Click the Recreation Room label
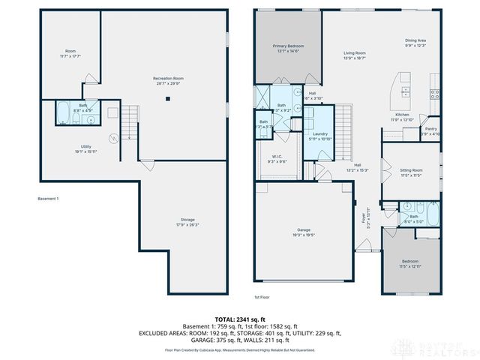tap(168, 80)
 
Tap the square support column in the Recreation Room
tap(168, 98)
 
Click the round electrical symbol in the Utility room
tap(115, 137)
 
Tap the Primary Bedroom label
tap(287, 48)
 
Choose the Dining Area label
tap(415, 42)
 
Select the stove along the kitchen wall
tap(433, 93)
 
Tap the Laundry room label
tap(321, 136)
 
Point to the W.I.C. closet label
tap(277, 159)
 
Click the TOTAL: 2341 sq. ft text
tap(239, 319)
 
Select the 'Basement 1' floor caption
tap(48, 199)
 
